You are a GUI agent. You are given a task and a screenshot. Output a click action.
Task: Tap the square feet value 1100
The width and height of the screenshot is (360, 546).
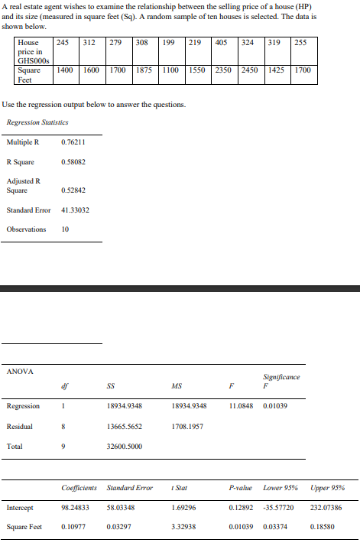tap(171, 69)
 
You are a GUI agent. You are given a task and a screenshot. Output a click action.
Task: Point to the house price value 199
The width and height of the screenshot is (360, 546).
tap(169, 42)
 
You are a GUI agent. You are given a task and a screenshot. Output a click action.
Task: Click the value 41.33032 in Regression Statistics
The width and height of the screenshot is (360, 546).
tap(74, 210)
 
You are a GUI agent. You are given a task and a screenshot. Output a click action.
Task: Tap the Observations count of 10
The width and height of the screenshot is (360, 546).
tap(65, 229)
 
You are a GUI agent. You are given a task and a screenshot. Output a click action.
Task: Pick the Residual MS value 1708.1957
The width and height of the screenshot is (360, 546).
tap(187, 425)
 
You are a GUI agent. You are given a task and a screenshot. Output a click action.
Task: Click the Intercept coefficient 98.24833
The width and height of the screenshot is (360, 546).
tap(75, 507)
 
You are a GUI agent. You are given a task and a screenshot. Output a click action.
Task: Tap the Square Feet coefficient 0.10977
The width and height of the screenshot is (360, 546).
tap(73, 526)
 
